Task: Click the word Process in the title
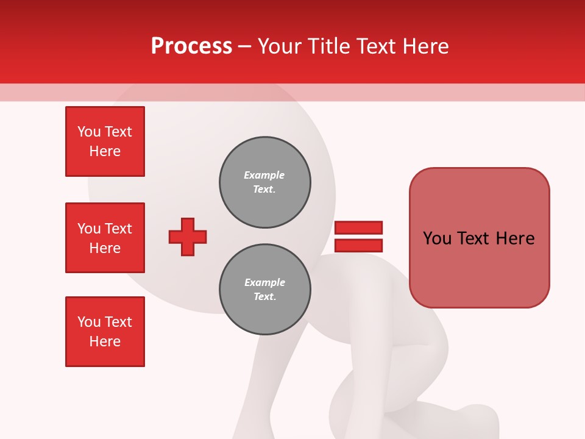coord(191,46)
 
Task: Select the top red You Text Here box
coord(105,141)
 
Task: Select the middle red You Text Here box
coord(105,238)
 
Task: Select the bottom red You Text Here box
coord(105,332)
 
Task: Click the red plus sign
coord(188,237)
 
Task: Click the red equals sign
coord(358,237)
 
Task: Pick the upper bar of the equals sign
coord(358,228)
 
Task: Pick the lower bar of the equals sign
coord(358,245)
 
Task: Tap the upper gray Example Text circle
coord(264,182)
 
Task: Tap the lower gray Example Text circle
coord(264,290)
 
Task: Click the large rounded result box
coord(479,238)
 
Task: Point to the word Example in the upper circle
coord(264,175)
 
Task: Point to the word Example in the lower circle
coord(264,282)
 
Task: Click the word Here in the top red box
coord(105,151)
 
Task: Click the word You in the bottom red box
coord(88,322)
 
